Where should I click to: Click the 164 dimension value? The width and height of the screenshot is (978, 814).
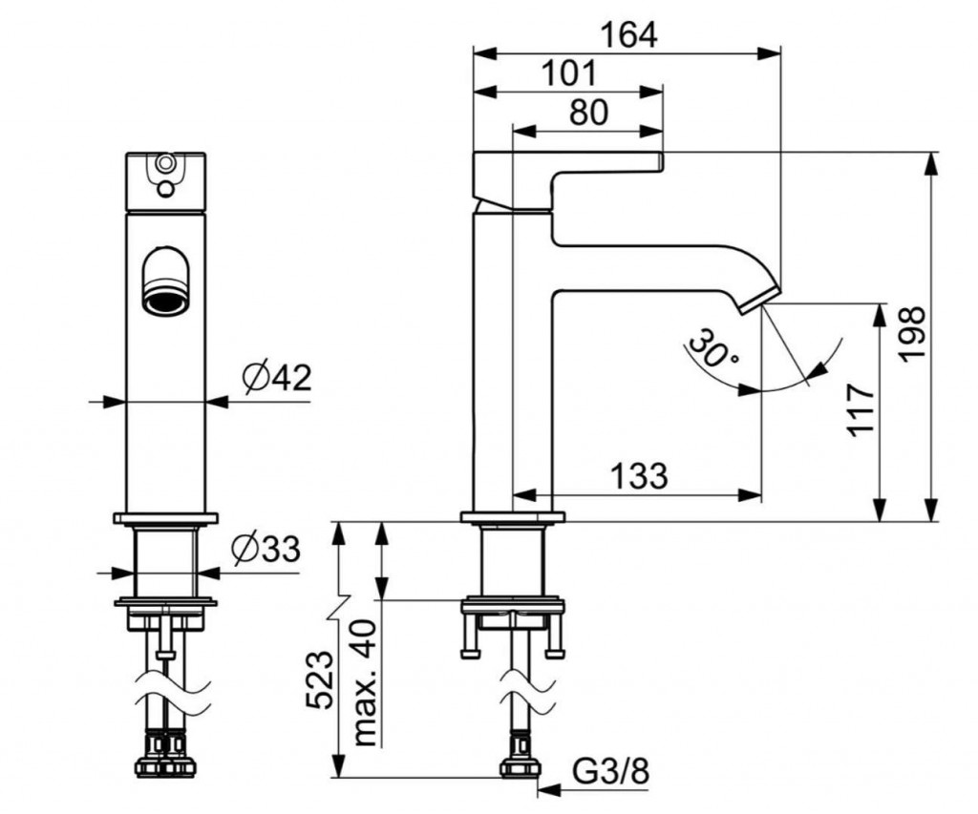[628, 35]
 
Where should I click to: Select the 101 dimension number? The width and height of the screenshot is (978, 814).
[569, 73]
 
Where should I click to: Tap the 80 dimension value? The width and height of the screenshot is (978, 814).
[588, 113]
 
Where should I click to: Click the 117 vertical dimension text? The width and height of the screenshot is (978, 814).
[861, 410]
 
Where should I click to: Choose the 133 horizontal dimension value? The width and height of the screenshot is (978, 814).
[639, 476]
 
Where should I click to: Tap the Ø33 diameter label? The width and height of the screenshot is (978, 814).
[266, 549]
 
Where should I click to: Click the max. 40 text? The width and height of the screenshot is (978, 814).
[366, 683]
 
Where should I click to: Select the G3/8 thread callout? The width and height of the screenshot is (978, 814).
[610, 772]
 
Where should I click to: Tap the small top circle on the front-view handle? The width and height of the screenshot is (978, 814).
[165, 163]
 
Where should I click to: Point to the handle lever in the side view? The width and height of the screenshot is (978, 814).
[567, 180]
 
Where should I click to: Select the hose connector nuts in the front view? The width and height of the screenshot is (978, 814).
[166, 754]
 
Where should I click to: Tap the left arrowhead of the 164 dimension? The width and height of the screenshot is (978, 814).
[484, 53]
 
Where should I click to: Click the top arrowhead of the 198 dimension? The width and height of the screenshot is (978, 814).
[932, 163]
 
